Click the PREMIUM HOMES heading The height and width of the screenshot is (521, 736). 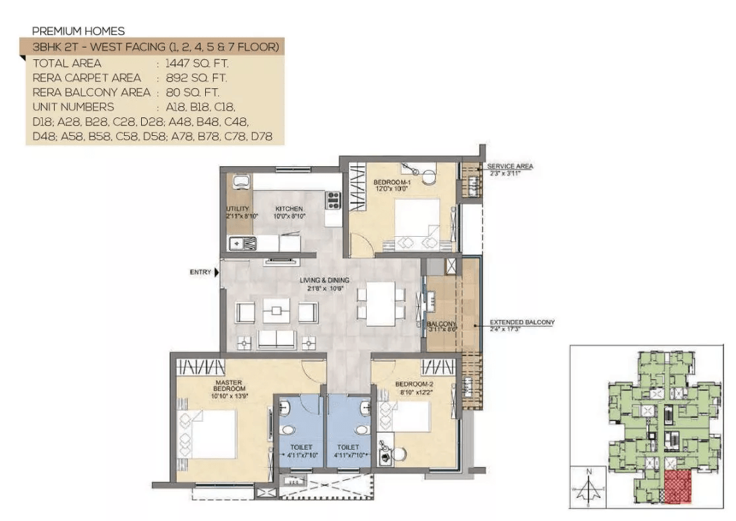point(78,31)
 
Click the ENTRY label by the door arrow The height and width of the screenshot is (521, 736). point(200,272)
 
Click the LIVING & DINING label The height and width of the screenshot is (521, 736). point(324,280)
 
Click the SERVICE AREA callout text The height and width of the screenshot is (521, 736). point(510,166)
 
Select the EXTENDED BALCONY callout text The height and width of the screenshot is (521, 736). point(522,322)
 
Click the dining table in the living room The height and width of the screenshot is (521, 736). point(380,304)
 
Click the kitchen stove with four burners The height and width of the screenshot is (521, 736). point(332,200)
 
